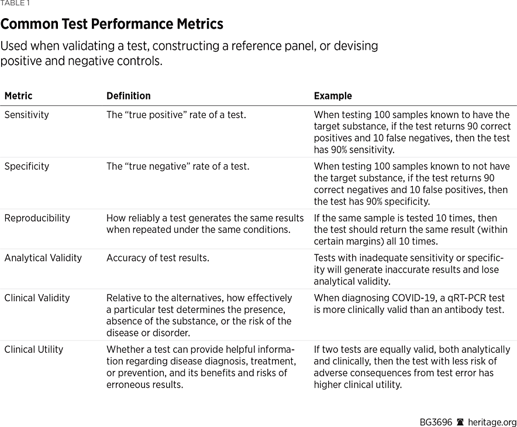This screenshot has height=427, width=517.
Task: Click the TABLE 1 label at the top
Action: [x=15, y=4]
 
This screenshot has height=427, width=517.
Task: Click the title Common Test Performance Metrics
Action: [x=112, y=24]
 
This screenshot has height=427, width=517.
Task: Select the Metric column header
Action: [x=18, y=96]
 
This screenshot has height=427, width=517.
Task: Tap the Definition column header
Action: [x=128, y=96]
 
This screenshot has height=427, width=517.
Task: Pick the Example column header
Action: [x=333, y=96]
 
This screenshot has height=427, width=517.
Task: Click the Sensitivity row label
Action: [x=26, y=115]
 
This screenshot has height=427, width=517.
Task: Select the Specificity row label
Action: [x=26, y=166]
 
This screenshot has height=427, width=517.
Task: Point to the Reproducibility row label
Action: [x=37, y=218]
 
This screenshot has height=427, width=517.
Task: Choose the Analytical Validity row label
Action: [x=43, y=258]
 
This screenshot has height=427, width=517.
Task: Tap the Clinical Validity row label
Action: [x=37, y=298]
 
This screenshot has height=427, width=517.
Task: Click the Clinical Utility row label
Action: [x=33, y=349]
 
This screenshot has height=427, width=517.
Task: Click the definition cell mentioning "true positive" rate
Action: [x=176, y=115]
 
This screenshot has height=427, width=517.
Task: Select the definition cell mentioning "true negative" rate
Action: [x=177, y=166]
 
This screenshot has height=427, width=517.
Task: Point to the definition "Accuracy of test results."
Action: [x=157, y=258]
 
